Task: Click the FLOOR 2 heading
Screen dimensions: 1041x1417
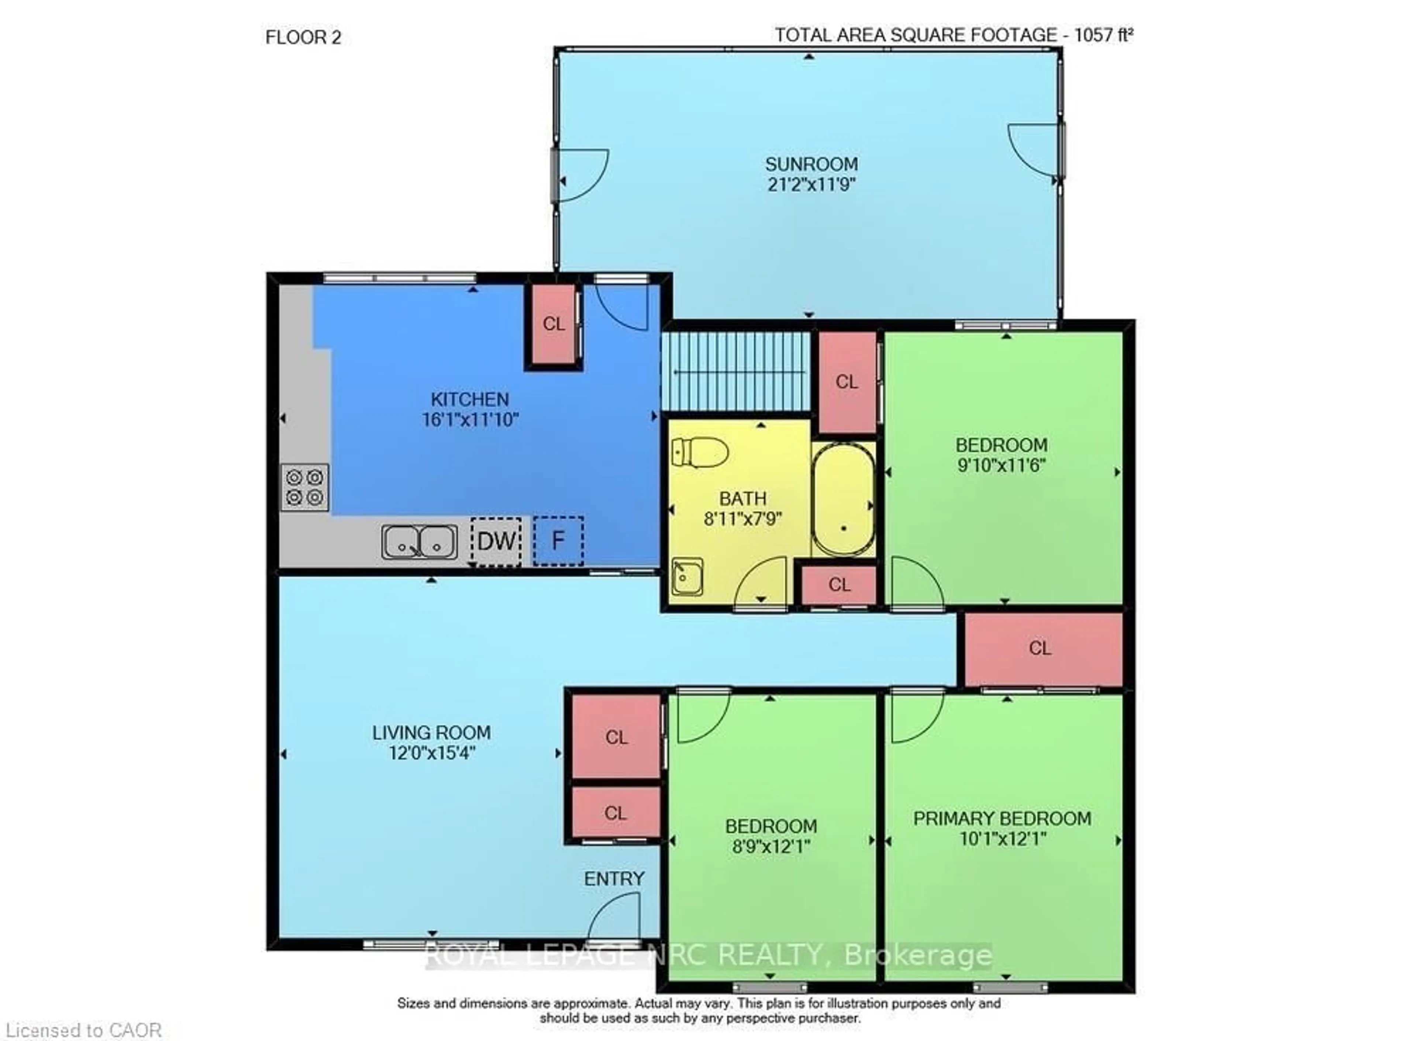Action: coord(303,38)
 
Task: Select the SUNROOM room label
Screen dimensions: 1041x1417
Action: coord(811,165)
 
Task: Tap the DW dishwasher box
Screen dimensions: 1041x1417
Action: coord(496,541)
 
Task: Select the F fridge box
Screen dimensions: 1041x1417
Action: coord(558,541)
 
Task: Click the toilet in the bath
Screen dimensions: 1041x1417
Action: coord(700,453)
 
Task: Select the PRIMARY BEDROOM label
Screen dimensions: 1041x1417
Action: coord(1002,819)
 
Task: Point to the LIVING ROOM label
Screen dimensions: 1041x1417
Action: coord(431,733)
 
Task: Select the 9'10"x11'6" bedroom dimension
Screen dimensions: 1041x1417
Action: coord(1001,466)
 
